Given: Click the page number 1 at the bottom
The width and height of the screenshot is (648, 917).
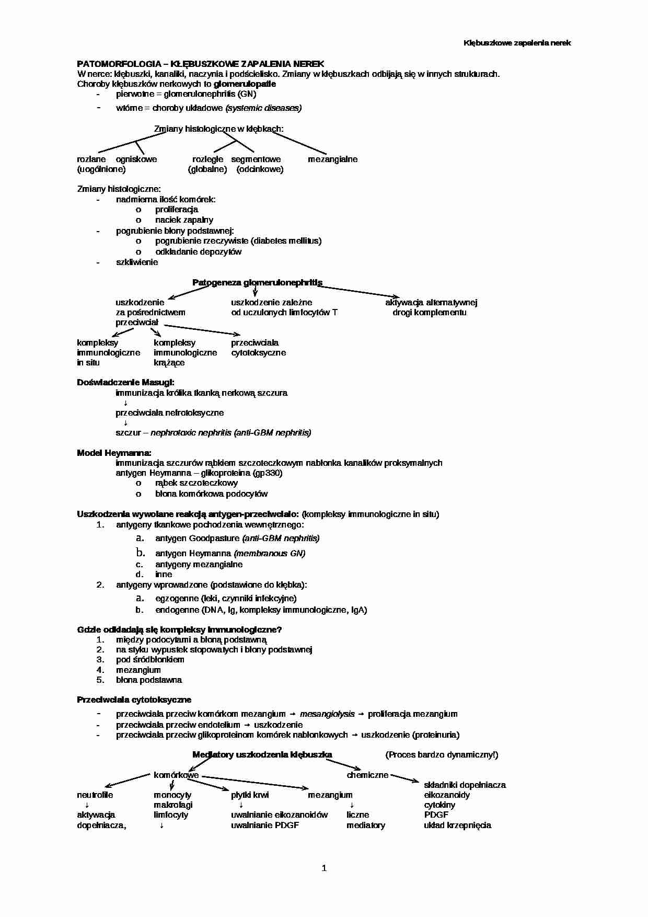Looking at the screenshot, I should pos(324,868).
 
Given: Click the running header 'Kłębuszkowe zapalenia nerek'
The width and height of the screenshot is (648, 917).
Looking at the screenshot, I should pos(517,43).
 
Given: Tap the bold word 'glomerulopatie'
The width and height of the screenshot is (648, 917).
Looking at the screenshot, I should pos(245,84).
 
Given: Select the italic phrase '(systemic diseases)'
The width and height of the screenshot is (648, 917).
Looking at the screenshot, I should pos(263,108).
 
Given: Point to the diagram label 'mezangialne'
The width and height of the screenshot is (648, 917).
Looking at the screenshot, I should pos(332,159).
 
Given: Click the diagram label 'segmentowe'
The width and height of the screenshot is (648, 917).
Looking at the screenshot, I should pos(256,159).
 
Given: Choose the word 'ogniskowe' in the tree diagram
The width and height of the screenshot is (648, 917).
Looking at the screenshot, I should pos(136,159).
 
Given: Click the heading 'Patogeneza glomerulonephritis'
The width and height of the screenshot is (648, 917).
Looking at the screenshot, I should pos(257,282).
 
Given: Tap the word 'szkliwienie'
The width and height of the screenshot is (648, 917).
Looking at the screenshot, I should pos(137,262).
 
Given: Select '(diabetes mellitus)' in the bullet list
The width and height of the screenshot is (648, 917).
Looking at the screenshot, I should pos(286,240).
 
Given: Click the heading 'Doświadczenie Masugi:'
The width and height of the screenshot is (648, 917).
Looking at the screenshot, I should pos(125,383).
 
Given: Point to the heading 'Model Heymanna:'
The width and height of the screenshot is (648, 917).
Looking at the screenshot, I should pos(114,453).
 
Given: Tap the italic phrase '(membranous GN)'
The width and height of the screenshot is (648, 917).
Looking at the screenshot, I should pos(270,553).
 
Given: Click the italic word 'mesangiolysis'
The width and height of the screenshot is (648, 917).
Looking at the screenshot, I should pos(327,714).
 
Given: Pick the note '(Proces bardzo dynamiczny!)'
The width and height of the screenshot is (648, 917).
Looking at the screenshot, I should pos(442,754).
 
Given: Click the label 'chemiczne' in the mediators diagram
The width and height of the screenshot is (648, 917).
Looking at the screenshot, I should pos(367,775).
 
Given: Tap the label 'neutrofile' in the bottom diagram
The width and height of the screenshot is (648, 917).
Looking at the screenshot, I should pos(95,795).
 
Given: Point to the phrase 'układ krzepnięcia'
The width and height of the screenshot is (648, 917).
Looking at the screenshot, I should pos(457,825).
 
